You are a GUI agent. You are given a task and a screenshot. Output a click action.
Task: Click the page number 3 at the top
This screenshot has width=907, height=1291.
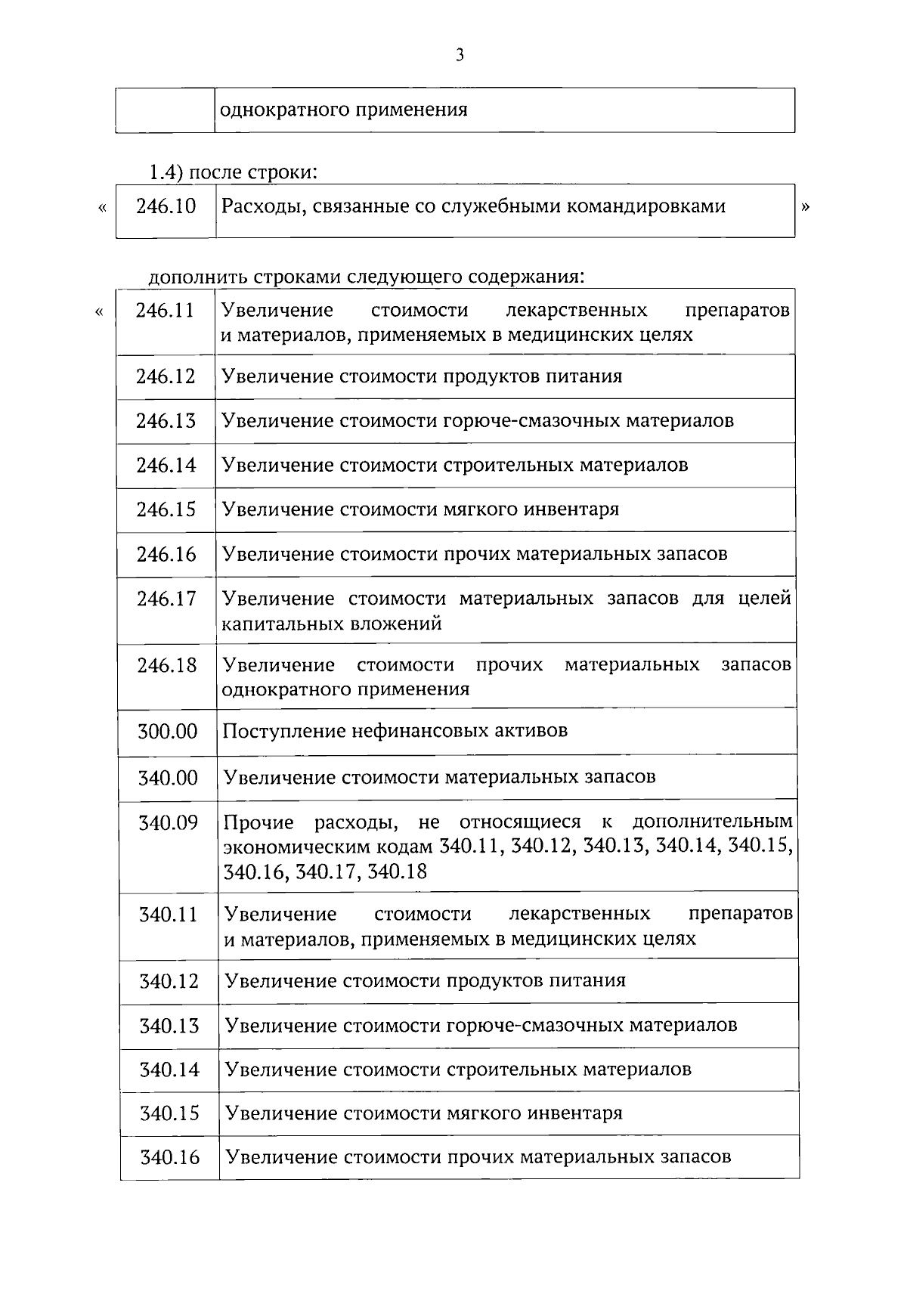[460, 54]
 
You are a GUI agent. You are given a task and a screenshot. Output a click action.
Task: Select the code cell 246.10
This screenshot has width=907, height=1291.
[166, 206]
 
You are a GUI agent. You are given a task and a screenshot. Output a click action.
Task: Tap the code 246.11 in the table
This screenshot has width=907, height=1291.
[166, 311]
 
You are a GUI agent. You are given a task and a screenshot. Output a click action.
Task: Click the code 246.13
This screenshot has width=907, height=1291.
[166, 421]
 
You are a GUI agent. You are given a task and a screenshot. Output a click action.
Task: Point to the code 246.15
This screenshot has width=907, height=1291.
[166, 509]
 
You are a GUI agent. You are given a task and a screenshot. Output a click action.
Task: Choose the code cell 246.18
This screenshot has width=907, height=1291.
[166, 666]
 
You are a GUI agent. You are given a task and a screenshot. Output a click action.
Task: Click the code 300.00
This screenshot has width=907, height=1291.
[167, 732]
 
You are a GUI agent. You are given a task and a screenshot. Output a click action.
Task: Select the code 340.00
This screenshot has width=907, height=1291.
[167, 778]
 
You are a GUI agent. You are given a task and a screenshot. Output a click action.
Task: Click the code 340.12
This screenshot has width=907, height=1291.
[169, 982]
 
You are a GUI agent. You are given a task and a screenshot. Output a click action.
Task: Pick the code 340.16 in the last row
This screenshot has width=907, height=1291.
[169, 1157]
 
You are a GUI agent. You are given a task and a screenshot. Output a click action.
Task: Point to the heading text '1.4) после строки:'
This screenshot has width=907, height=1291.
[232, 172]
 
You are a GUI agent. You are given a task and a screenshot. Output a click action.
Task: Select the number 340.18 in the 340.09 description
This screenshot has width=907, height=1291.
[398, 872]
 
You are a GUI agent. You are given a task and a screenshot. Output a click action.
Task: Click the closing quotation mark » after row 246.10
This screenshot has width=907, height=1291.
[805, 207]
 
